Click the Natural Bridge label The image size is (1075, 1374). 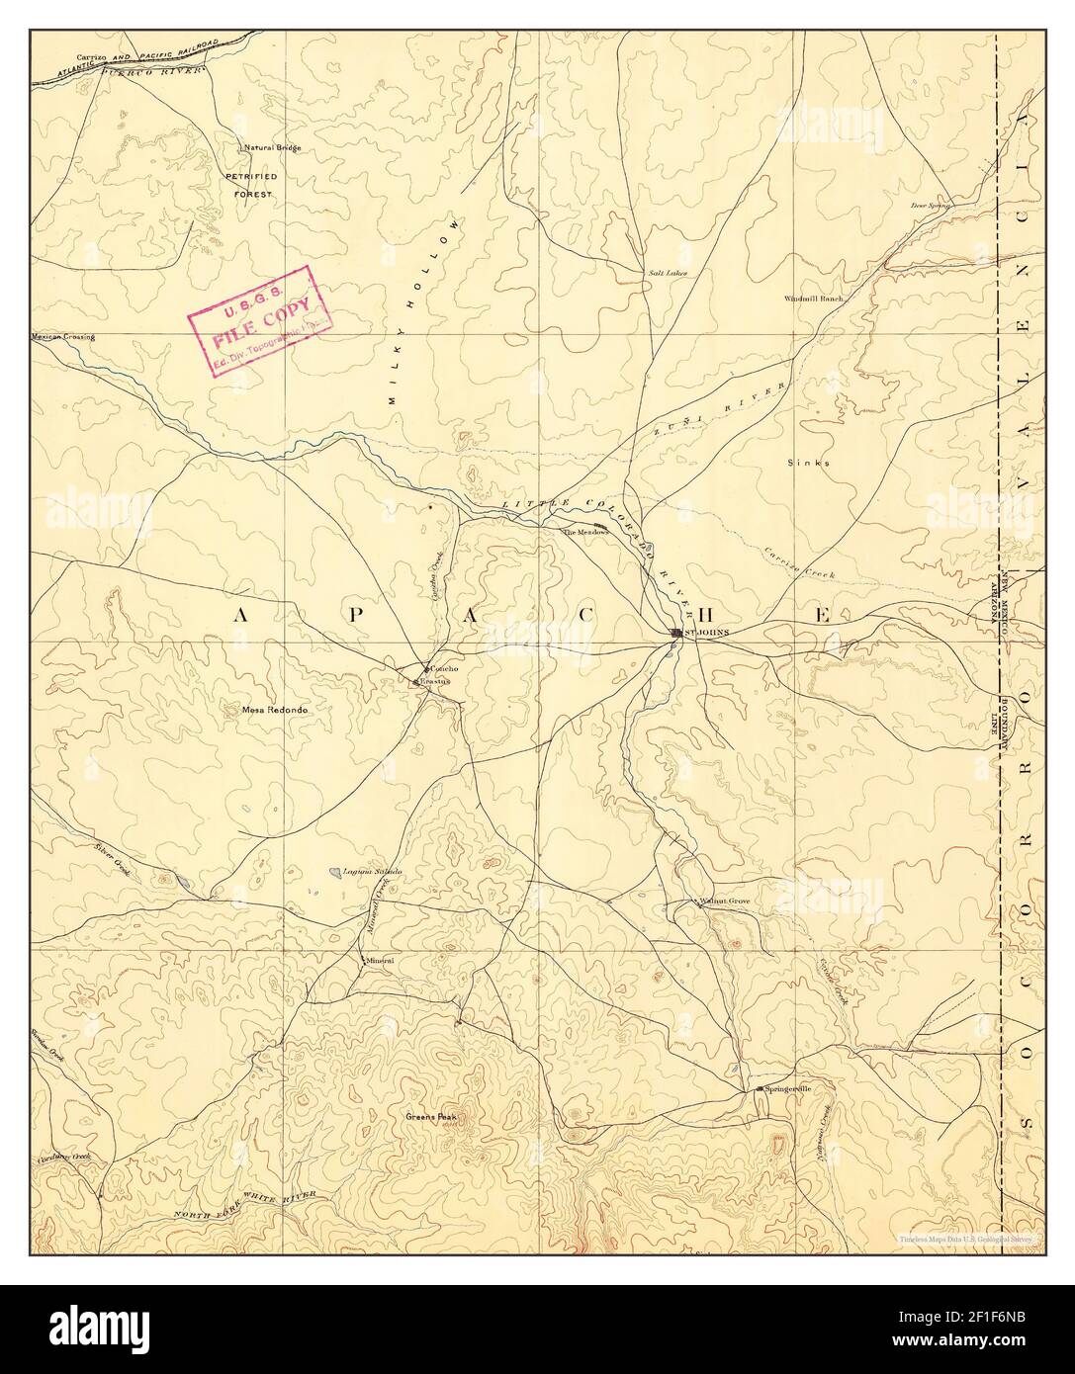[273, 148]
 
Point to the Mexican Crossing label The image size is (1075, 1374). [63, 337]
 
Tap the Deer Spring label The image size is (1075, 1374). [931, 207]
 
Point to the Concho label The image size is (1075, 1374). [443, 669]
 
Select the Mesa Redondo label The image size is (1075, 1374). [268, 710]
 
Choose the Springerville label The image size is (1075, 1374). [788, 1088]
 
